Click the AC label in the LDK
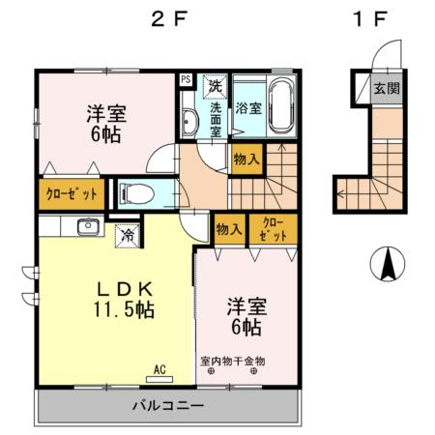coord(160,368)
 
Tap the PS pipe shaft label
coord(186,80)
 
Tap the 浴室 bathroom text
coord(248,108)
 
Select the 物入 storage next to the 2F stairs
coord(246,158)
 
